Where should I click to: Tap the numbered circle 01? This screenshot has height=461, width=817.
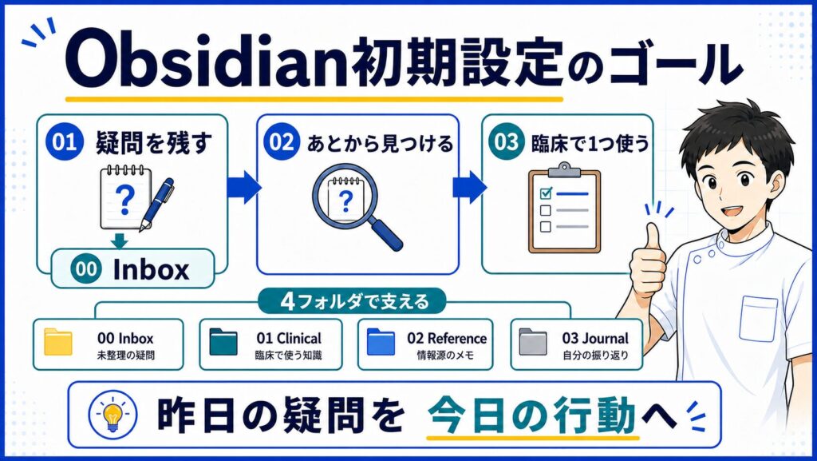[64, 142]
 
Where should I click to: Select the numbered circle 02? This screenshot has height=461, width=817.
[282, 142]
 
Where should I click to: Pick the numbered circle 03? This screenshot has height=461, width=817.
[506, 142]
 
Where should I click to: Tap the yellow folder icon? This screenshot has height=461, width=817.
[57, 342]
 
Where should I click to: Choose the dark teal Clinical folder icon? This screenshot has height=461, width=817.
[223, 342]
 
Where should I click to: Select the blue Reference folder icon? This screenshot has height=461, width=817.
[381, 342]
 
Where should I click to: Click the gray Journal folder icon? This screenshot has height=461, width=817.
[533, 342]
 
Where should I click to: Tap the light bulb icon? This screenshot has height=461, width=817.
[112, 415]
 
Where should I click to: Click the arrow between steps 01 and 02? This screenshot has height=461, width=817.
[244, 187]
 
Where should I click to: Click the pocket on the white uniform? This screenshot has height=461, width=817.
[758, 318]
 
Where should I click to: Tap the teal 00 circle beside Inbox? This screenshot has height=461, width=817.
[85, 269]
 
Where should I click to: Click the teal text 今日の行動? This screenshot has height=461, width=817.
[532, 415]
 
